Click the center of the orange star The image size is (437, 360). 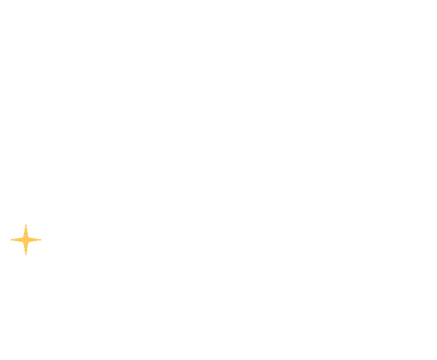(x=26, y=240)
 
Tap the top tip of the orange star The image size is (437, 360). (x=26, y=225)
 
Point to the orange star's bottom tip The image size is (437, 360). (x=26, y=255)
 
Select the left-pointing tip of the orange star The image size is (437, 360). (x=11, y=240)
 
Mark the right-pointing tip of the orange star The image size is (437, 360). (x=41, y=240)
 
